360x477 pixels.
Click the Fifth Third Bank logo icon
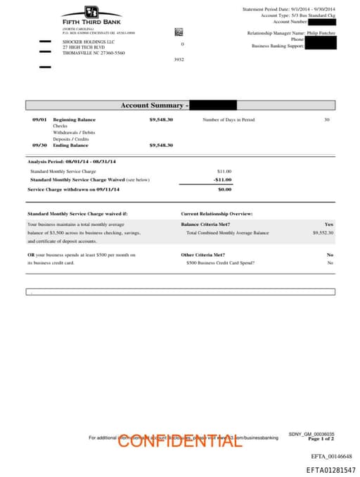91,12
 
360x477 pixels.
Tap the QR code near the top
179,32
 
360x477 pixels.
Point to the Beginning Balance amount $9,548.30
161,120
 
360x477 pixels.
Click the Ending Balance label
70,145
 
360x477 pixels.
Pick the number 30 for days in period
326,120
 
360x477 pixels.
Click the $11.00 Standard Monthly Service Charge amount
224,171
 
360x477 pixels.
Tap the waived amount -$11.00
223,179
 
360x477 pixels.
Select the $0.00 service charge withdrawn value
224,189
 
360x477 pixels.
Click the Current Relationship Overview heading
217,213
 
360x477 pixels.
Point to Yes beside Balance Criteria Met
329,224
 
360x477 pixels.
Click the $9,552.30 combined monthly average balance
323,232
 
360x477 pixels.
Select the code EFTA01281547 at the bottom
329,470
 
